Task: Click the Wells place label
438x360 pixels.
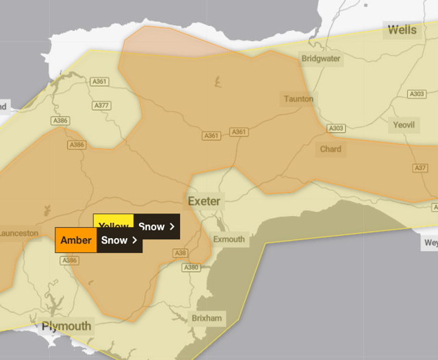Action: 402,29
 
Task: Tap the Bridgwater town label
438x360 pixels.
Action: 321,59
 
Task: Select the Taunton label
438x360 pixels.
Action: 299,99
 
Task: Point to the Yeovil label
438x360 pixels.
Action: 402,125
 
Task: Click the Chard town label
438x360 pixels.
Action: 331,149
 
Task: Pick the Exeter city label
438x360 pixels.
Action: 205,201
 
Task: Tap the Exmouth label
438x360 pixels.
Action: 229,239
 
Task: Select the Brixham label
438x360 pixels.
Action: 206,318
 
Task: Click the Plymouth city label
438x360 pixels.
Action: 66,326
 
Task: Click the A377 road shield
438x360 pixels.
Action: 101,106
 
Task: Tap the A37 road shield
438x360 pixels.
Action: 420,169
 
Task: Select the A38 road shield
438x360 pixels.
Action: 181,253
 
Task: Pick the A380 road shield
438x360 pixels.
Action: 192,267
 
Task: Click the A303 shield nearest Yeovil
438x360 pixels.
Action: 416,94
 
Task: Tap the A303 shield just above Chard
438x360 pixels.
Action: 336,128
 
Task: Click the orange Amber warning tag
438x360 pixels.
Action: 76,240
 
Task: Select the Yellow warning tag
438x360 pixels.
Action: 114,226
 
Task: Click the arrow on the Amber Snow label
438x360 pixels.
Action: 135,240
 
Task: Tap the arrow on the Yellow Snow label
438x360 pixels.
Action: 172,226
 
